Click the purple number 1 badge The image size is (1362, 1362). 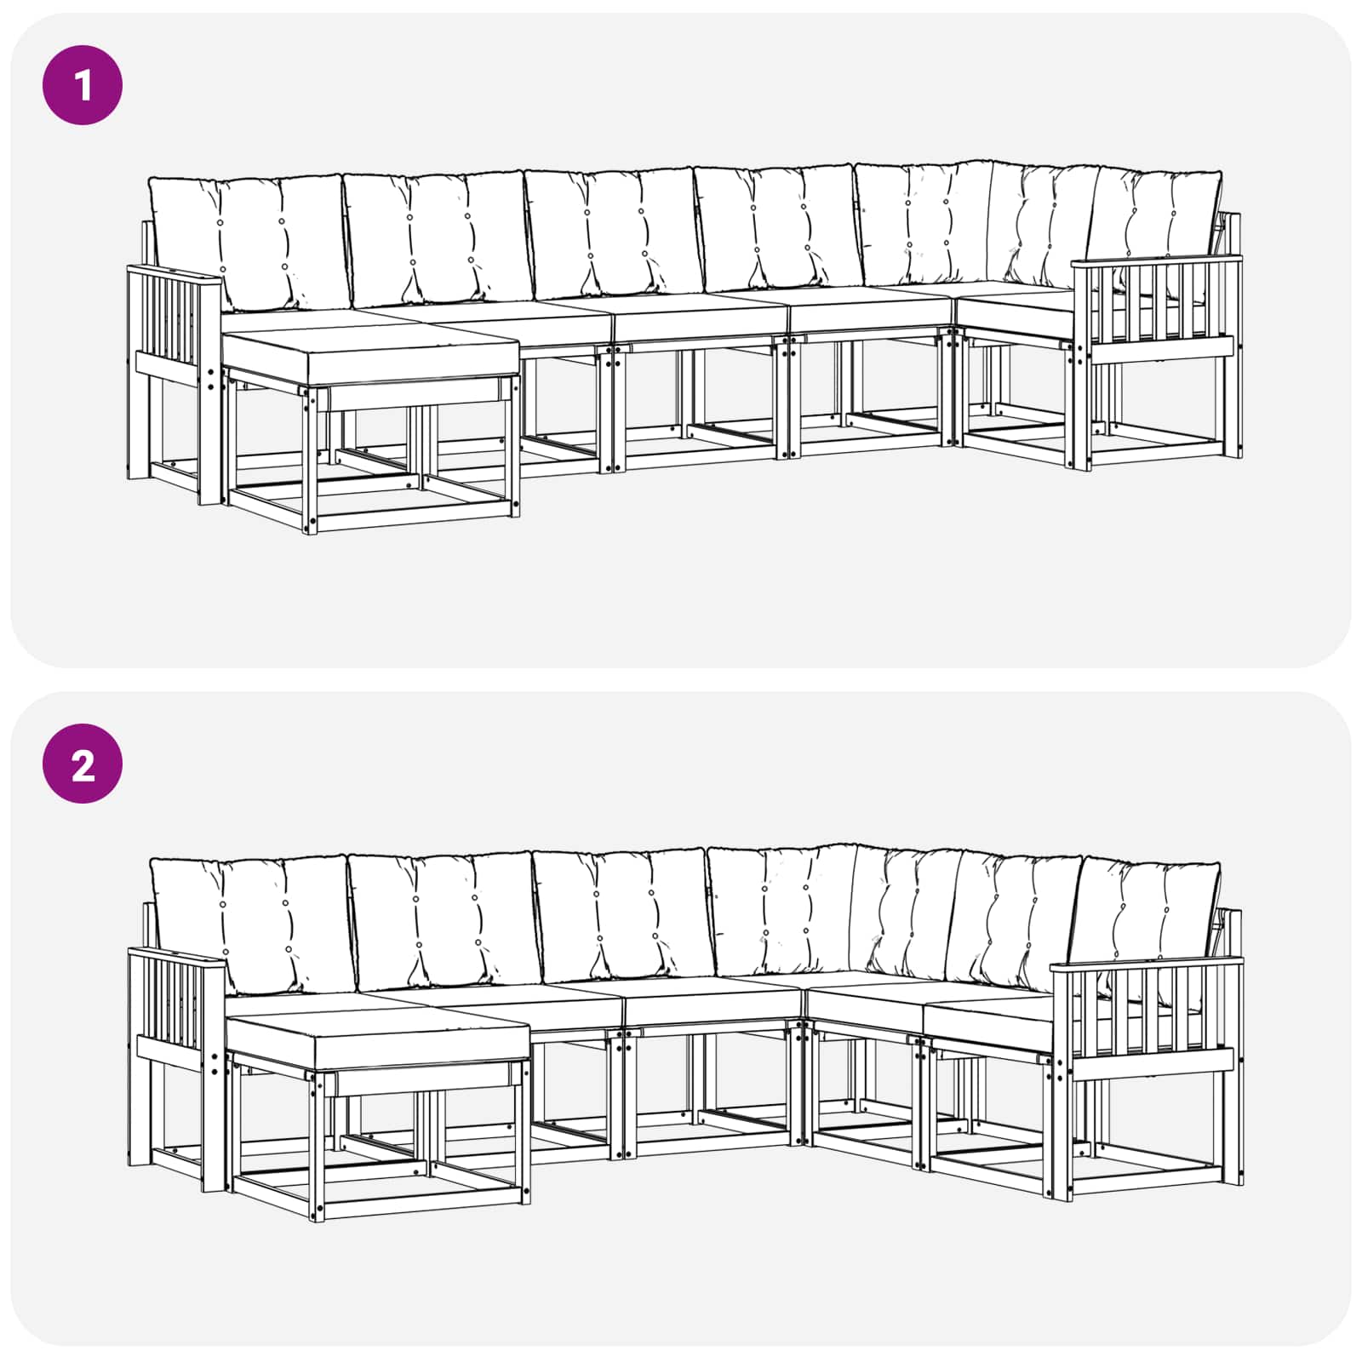coord(83,85)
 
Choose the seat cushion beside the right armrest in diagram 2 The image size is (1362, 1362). coord(992,1013)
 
